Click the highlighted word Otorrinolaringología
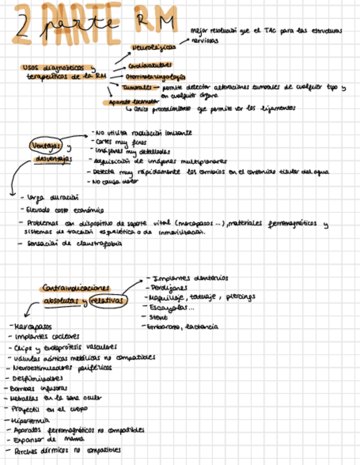155,77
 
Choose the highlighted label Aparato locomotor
130,101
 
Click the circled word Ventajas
46,146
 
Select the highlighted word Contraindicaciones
76,288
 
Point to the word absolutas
62,302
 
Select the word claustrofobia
93,244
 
